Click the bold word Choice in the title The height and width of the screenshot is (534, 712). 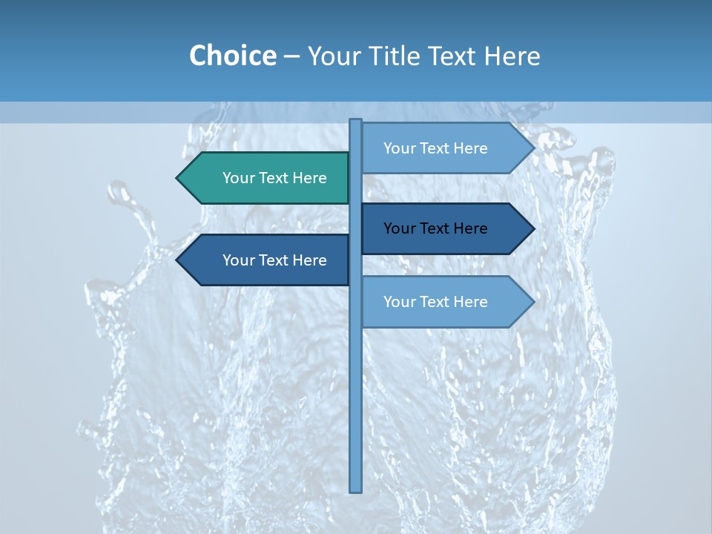coord(232,56)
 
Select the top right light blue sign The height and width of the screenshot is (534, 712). coord(445,148)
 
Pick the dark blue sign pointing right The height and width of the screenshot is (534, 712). coord(445,228)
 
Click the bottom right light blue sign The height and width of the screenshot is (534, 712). coord(445,302)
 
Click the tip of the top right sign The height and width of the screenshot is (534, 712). coord(533,148)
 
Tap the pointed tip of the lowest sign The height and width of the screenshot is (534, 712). coord(533,302)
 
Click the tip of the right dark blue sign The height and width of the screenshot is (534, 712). coord(533,228)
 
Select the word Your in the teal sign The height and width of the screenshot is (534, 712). coord(238,178)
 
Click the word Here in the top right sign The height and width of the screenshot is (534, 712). coord(470,148)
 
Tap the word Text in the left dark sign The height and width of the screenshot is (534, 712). coord(274,260)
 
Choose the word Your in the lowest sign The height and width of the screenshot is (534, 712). coord(399,302)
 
